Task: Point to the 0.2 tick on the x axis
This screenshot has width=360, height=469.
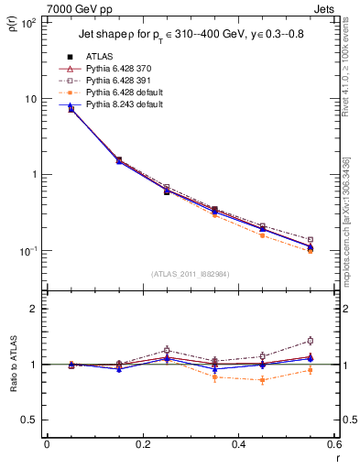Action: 142,445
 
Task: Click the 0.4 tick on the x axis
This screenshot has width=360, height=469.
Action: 238,445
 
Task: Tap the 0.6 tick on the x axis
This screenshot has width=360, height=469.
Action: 333,445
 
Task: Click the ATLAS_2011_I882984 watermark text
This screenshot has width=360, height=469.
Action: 191,273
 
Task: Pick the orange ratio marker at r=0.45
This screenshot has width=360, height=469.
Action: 262,380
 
